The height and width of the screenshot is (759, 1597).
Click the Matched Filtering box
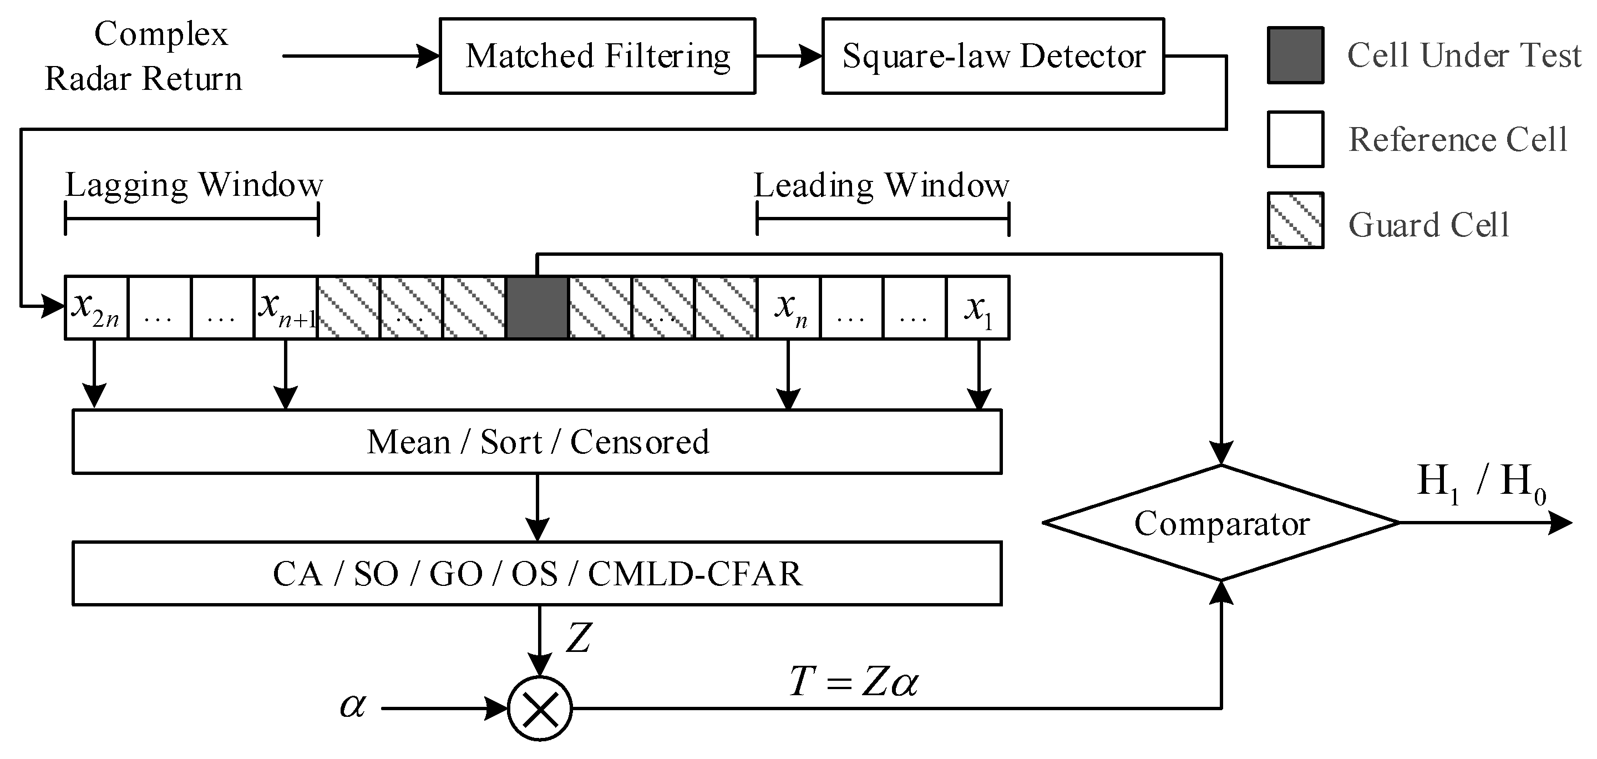coord(597,56)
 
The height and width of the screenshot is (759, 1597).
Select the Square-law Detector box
coord(992,56)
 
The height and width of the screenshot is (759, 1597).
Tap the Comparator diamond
coord(1221,523)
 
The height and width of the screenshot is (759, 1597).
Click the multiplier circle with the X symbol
coord(539,708)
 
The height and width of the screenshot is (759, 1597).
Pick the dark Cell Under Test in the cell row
coord(537,307)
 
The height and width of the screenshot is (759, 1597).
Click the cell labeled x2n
coord(96,307)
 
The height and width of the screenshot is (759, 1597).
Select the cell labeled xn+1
coord(285,307)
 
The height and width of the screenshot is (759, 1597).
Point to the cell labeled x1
coord(977,307)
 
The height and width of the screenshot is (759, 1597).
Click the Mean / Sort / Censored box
coord(537,442)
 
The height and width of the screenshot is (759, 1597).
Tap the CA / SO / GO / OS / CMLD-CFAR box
coord(537,574)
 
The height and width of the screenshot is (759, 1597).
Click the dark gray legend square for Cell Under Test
coord(1295,55)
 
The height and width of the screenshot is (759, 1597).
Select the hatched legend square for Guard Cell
coord(1295,220)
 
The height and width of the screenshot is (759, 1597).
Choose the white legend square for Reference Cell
coord(1295,139)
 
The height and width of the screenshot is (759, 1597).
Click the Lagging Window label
coord(194,185)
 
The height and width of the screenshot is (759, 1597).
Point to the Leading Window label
coord(881,185)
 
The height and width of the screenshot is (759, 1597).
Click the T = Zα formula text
coord(853,682)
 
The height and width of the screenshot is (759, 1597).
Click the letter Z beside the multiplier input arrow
coord(578,638)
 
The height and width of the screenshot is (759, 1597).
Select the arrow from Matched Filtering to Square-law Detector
coord(788,56)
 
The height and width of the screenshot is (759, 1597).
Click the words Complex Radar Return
coord(144,56)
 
